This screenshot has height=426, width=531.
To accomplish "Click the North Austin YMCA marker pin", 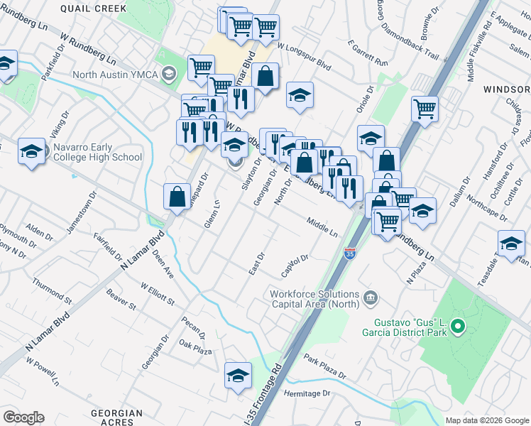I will (x=169, y=72).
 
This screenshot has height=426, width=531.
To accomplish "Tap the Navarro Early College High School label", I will (x=98, y=152).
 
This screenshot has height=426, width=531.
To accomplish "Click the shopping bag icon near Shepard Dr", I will (x=177, y=197).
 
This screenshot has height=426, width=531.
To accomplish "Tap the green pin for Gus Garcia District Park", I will (x=458, y=327).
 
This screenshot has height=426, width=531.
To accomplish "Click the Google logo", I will (x=23, y=417).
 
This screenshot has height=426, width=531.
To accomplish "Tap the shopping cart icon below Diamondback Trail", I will (x=425, y=109).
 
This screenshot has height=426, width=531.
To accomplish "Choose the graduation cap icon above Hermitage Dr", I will (x=238, y=376).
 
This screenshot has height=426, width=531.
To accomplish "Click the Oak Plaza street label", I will (x=196, y=348).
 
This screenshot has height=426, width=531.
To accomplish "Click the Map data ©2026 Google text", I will (x=486, y=420).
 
